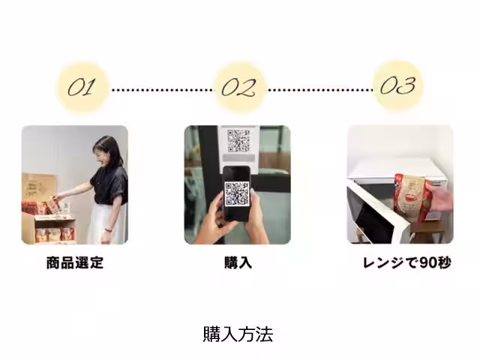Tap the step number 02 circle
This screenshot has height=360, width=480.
239,88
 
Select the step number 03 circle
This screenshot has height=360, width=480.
397,86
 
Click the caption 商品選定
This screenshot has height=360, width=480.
74,263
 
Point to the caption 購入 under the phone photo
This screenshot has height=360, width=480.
238,263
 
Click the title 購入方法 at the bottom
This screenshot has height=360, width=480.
238,334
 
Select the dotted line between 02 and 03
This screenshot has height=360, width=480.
319,89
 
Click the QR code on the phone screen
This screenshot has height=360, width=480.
237,193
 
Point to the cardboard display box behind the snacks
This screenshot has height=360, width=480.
37,187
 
